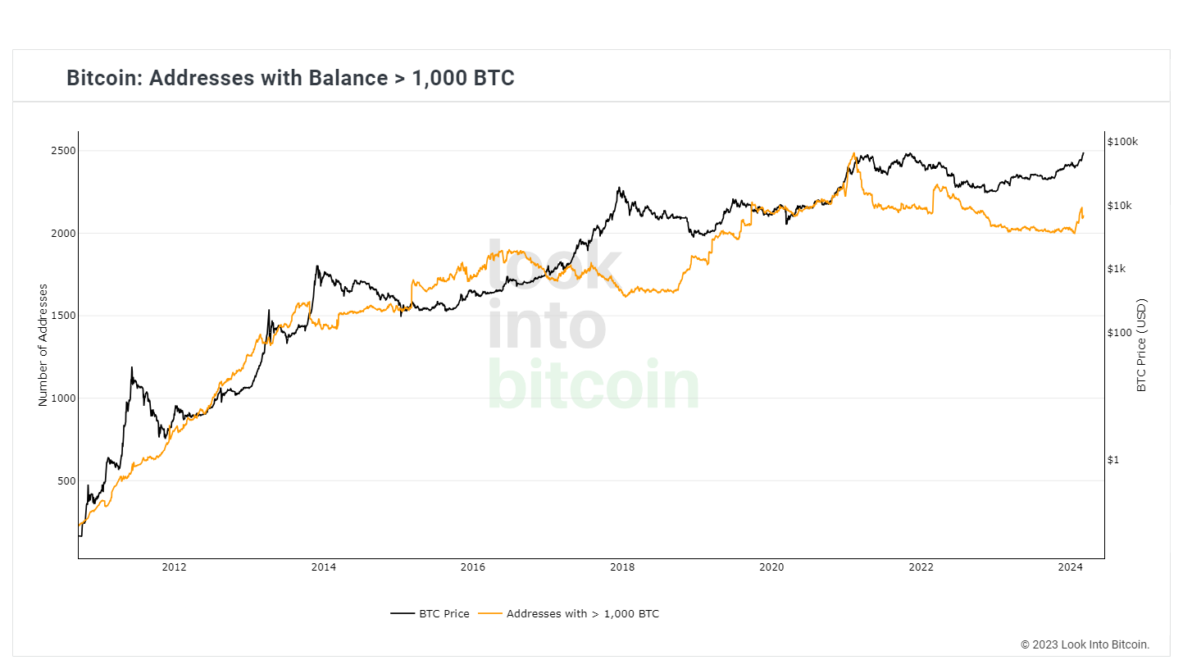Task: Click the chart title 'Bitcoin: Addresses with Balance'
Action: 290,78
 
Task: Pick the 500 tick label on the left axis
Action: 66,481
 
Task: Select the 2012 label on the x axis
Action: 174,567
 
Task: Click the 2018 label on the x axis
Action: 622,567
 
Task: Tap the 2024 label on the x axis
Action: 1070,567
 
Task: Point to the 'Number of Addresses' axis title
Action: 43,345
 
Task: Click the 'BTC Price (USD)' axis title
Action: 1141,345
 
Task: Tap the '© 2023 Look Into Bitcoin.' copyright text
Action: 1085,644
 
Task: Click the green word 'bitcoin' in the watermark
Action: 594,385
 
